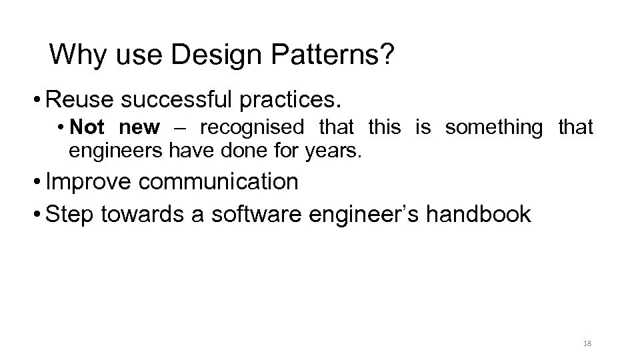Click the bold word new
140,127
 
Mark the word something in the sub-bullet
494,127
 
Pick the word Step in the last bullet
70,214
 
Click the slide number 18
587,343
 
